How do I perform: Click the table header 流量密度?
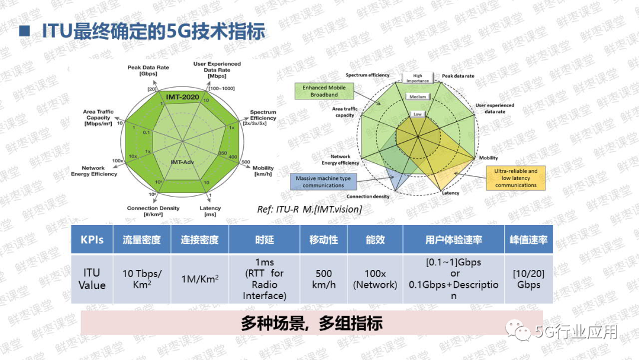[x=141, y=240]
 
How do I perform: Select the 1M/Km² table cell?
[x=200, y=278]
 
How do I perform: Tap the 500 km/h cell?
[x=324, y=278]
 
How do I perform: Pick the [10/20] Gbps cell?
[x=528, y=278]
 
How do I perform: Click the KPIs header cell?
[x=92, y=240]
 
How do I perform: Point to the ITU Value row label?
[x=92, y=278]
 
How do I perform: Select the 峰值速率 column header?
[x=528, y=240]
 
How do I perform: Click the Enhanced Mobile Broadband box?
[x=324, y=91]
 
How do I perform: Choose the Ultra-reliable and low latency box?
[x=516, y=178]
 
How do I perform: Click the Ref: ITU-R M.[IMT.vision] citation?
[x=309, y=209]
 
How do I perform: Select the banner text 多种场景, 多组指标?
[x=311, y=323]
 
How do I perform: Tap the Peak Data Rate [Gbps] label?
[x=148, y=70]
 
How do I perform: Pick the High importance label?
[x=418, y=78]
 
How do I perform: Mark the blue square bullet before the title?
[x=25, y=31]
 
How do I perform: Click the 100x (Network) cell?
[x=375, y=278]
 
